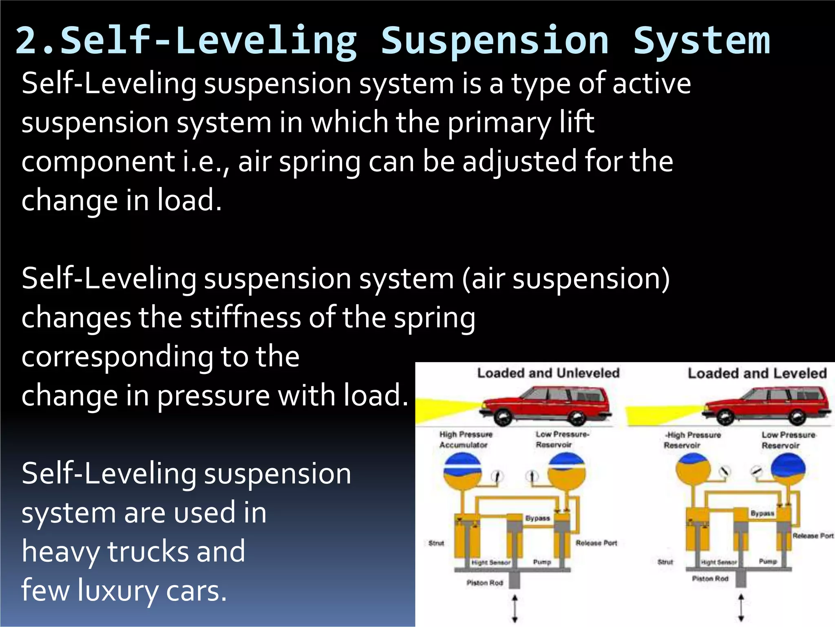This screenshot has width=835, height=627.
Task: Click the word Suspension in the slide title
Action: click(495, 41)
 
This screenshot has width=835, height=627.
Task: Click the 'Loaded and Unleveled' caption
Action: click(548, 373)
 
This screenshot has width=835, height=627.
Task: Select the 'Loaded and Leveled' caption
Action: click(757, 374)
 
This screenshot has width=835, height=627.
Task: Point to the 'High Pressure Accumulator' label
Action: click(465, 440)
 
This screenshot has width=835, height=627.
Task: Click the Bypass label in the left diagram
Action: click(537, 518)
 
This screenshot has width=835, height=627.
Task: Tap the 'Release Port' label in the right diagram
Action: click(813, 536)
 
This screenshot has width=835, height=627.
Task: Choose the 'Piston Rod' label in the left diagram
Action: click(484, 583)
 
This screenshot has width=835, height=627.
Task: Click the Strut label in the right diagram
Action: click(665, 562)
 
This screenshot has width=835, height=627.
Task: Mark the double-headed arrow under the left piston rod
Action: click(515, 608)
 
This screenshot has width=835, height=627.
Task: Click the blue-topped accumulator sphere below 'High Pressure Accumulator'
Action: click(462, 471)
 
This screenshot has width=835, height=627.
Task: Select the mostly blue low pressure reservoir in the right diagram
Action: click(788, 469)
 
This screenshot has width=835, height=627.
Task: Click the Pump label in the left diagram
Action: click(542, 562)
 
